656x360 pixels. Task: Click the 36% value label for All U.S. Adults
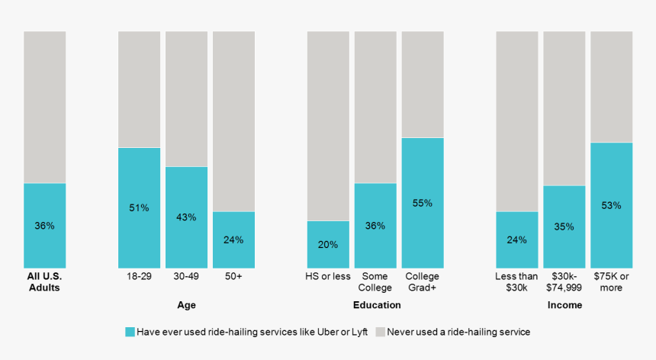pyautogui.click(x=44, y=226)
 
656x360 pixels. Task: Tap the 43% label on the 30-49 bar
pyautogui.click(x=186, y=217)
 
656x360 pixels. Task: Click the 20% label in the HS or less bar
pyautogui.click(x=328, y=245)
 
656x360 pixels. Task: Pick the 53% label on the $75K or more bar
pyautogui.click(x=611, y=205)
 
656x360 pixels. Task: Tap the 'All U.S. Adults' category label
pyautogui.click(x=44, y=282)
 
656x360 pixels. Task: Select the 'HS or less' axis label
pyautogui.click(x=328, y=276)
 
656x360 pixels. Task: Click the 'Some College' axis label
pyautogui.click(x=375, y=282)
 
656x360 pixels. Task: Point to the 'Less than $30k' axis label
pyautogui.click(x=517, y=282)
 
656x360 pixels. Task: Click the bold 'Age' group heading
pyautogui.click(x=186, y=305)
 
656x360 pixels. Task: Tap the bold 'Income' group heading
pyautogui.click(x=564, y=305)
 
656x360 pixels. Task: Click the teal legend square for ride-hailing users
pyautogui.click(x=130, y=332)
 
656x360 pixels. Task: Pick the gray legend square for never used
pyautogui.click(x=380, y=332)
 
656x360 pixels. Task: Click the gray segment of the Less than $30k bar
pyautogui.click(x=517, y=121)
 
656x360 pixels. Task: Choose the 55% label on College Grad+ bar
pyautogui.click(x=423, y=203)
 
